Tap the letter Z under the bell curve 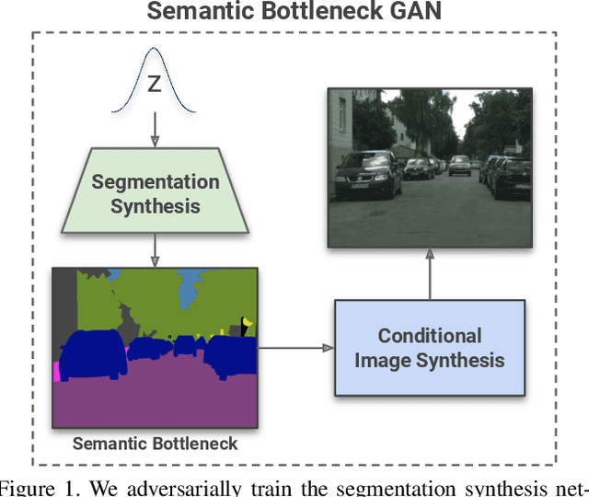(x=155, y=86)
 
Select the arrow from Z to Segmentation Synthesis (x=155, y=128)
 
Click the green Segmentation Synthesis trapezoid (x=155, y=192)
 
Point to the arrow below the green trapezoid (x=155, y=248)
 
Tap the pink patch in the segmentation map (x=56, y=371)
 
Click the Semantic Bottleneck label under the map (x=155, y=443)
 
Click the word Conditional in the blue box (x=429, y=335)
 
